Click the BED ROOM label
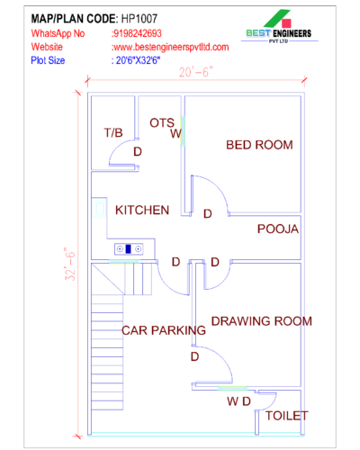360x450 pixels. click(x=258, y=144)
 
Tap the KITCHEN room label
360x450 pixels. click(x=142, y=210)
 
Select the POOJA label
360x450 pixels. click(x=277, y=229)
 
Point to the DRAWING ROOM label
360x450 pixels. click(x=261, y=320)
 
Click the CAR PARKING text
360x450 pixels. click(x=163, y=330)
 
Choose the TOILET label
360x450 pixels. click(x=286, y=416)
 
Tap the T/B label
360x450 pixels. click(x=113, y=132)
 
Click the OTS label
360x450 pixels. click(x=162, y=122)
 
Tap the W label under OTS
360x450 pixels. click(x=176, y=133)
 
